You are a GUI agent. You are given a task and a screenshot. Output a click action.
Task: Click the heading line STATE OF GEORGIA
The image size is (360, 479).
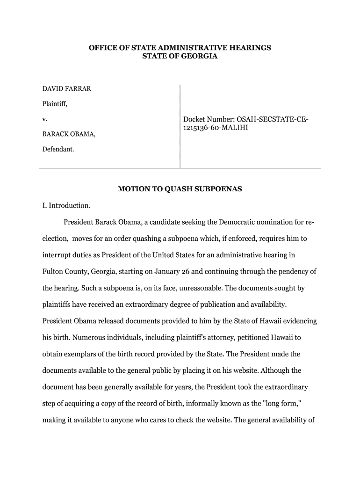(180, 56)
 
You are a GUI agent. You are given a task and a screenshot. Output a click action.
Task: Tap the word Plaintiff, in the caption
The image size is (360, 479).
(55, 104)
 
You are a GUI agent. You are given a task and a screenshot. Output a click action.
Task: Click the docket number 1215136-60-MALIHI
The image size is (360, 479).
(216, 128)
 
